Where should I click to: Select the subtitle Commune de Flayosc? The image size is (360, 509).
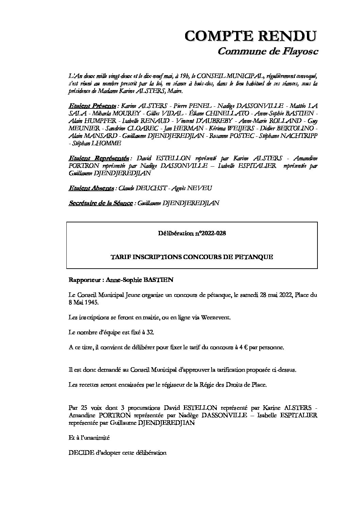267,51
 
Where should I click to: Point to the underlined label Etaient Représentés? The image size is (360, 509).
99,158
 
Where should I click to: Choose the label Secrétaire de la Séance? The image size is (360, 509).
100,203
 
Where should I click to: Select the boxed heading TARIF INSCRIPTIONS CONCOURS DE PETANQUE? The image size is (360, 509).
192,257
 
